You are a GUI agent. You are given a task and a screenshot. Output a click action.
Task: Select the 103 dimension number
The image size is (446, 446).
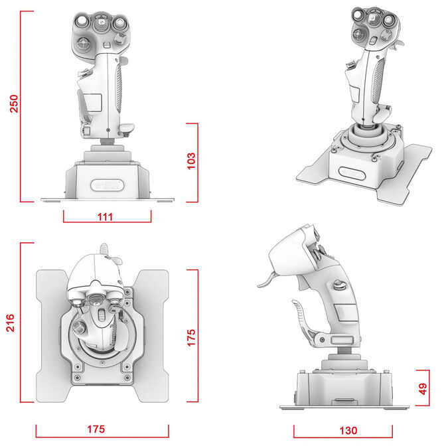tap(191, 161)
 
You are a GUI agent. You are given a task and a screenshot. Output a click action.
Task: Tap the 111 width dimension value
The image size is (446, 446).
tap(106, 217)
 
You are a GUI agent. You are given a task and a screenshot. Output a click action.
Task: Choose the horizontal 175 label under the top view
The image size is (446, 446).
tap(95, 429)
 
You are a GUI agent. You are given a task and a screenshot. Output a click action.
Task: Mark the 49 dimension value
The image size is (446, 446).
tap(423, 390)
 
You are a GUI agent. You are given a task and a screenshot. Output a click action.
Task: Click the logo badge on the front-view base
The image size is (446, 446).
tap(106, 184)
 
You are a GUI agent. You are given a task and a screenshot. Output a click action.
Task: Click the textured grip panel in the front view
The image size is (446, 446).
tap(119, 86)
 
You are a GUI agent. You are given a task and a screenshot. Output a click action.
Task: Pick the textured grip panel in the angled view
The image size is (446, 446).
tap(381, 87)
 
